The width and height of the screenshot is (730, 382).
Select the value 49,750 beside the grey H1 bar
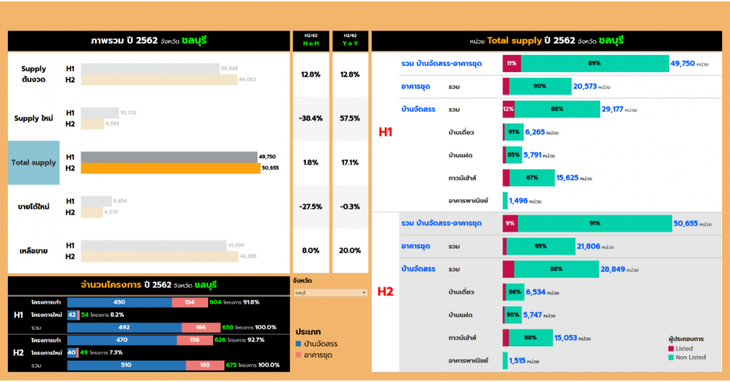pyautogui.click(x=267, y=157)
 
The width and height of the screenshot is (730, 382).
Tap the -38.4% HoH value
pyautogui.click(x=311, y=119)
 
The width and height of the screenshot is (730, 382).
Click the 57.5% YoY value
pyautogui.click(x=350, y=119)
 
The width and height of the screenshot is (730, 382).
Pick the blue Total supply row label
pyautogui.click(x=34, y=163)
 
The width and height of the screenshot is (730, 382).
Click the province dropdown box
pyautogui.click(x=330, y=293)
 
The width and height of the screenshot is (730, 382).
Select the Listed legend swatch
pyautogui.click(x=671, y=349)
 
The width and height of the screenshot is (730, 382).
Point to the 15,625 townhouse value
pyautogui.click(x=567, y=178)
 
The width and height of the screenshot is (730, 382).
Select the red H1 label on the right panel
pyautogui.click(x=386, y=132)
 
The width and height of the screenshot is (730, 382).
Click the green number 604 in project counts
pyautogui.click(x=215, y=302)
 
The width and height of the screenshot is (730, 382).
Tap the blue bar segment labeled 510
pyautogui.click(x=126, y=365)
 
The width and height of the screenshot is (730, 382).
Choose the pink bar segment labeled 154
pyautogui.click(x=189, y=302)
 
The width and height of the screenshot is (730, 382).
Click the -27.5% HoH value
pyautogui.click(x=311, y=207)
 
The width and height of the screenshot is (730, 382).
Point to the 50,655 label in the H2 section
pyautogui.click(x=686, y=224)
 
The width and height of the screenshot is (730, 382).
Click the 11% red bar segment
pyautogui.click(x=512, y=63)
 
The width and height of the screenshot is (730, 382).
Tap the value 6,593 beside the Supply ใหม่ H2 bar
pyautogui.click(x=112, y=124)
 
